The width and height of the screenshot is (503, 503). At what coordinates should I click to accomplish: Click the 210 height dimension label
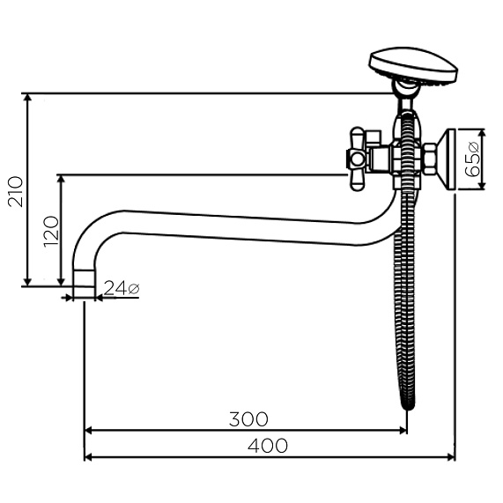coord(16,191)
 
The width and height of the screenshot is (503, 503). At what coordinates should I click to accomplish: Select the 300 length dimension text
coord(248,419)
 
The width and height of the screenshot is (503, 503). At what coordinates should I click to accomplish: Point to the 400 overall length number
coord(268,446)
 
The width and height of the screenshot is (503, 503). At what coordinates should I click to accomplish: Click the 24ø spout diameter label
coord(122,288)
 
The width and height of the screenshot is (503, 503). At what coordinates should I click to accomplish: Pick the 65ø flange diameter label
coord(472,159)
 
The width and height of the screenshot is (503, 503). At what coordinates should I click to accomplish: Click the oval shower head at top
coord(414,66)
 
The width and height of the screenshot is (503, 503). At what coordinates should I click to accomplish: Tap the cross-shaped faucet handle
coord(357,159)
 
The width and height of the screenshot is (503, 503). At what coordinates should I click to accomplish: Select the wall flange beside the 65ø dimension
coord(447,159)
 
